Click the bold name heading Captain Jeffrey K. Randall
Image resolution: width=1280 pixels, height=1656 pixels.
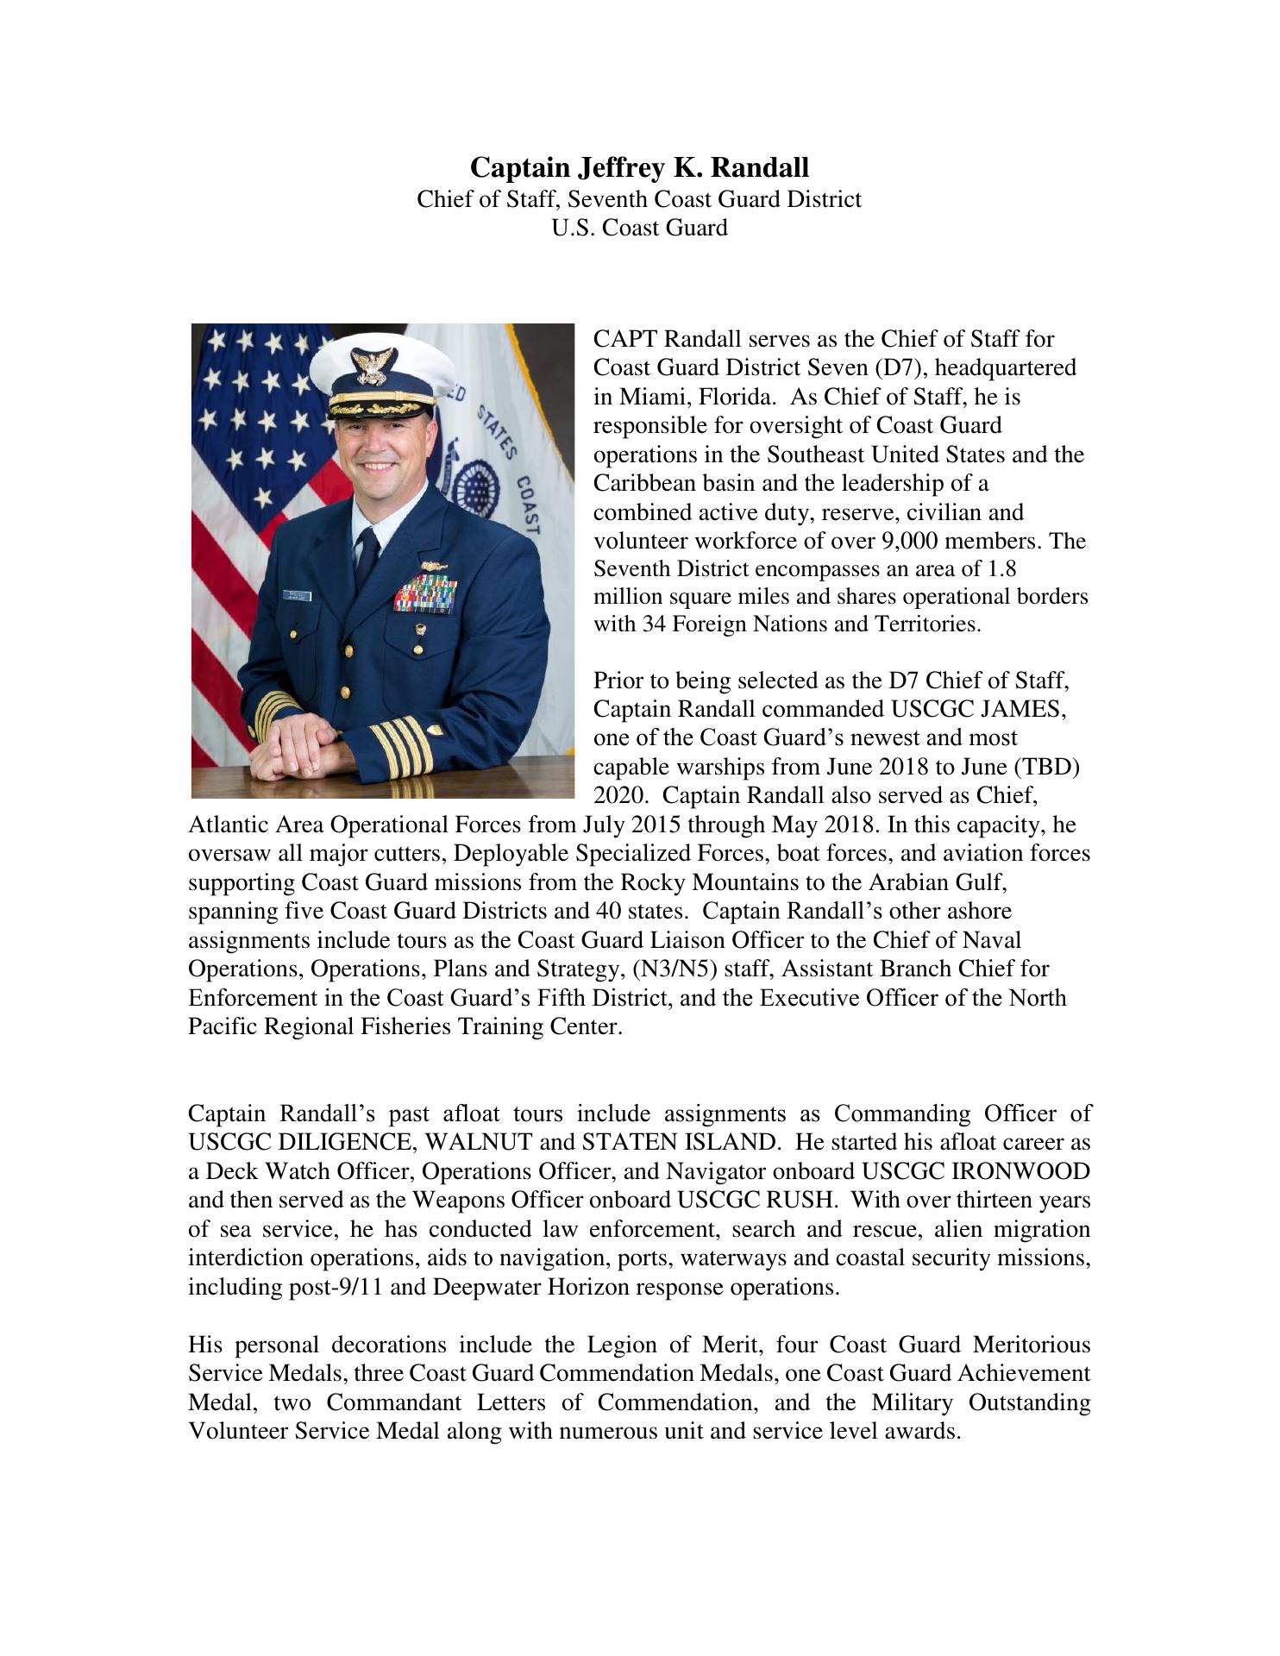pyautogui.click(x=639, y=167)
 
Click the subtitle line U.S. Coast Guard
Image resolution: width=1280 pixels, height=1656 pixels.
pyautogui.click(x=639, y=228)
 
